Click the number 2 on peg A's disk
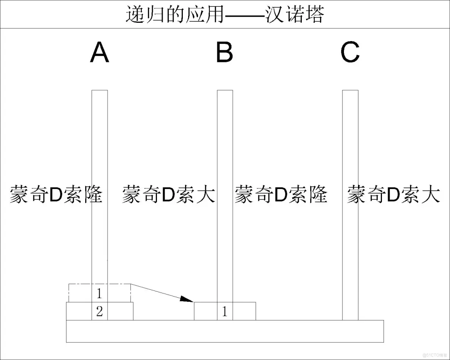99,312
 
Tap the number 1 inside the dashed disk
99,293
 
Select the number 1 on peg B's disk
225,312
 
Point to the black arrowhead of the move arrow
186,299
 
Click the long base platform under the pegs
225,331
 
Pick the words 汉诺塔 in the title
295,15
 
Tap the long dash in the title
243,15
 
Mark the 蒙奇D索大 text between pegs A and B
168,195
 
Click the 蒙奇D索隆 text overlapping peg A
56,195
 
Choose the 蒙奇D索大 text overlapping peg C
393,195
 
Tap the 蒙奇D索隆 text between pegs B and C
281,195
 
